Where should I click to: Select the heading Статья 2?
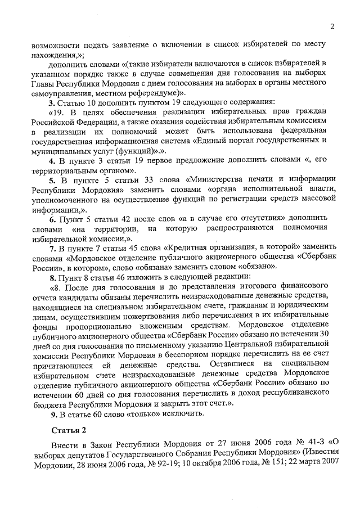tap(68, 431)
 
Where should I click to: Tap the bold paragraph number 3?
tap(51, 102)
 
